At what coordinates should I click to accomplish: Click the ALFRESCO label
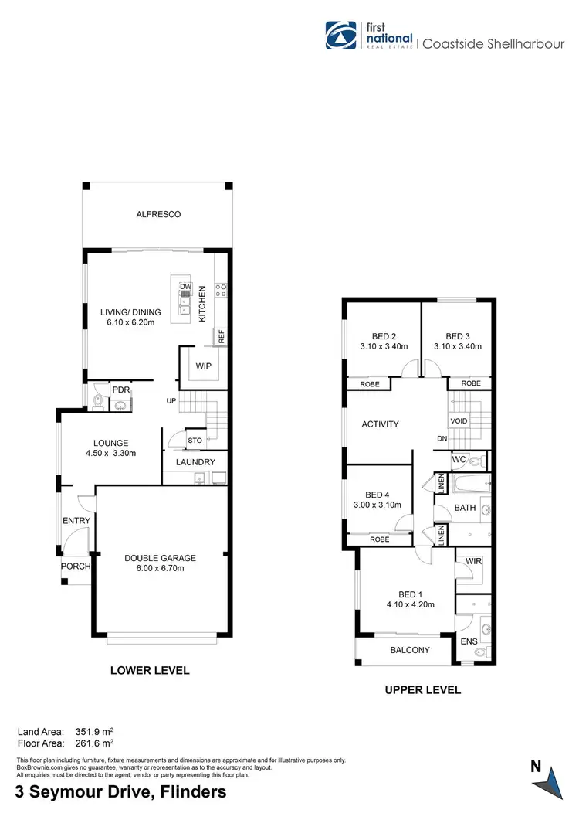(158, 214)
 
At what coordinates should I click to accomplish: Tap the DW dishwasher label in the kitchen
(185, 287)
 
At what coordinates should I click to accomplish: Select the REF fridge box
(221, 336)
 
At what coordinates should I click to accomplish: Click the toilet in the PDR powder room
(98, 400)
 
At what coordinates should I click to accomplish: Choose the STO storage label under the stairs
(194, 441)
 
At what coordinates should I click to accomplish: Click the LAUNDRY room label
(195, 462)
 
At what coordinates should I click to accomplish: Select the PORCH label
(76, 566)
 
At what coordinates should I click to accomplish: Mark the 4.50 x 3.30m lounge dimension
(110, 454)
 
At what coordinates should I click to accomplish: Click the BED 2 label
(384, 336)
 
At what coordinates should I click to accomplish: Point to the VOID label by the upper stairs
(459, 420)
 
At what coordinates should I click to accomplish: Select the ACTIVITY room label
(380, 424)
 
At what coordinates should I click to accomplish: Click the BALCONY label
(409, 650)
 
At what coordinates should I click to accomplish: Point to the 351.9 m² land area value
(94, 730)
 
